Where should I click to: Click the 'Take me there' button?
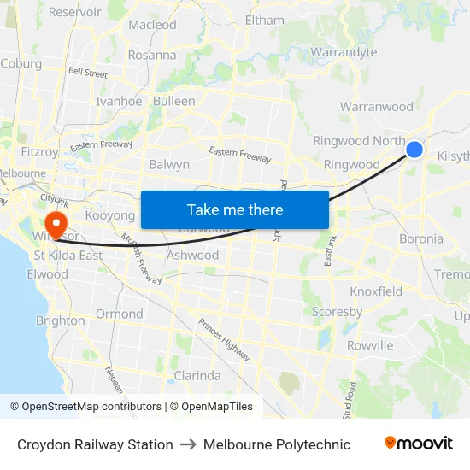[x=235, y=209]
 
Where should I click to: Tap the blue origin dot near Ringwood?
[x=414, y=150]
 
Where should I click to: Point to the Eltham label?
[x=264, y=20]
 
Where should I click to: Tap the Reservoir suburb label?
[x=75, y=12]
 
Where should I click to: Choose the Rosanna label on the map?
[x=152, y=55]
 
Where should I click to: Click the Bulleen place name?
[x=173, y=101]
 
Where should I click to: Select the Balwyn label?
[x=169, y=164]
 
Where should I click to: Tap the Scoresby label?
[x=337, y=312]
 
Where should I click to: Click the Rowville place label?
[x=370, y=345]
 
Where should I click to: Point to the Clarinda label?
[x=197, y=375]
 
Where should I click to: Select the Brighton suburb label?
[x=60, y=320]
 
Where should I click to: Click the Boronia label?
[x=421, y=238]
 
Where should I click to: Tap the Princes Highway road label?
[x=223, y=336]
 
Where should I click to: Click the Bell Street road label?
[x=88, y=73]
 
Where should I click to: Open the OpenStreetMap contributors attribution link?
[x=91, y=407]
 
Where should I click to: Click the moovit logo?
[x=419, y=444]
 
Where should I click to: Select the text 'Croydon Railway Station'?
[x=95, y=444]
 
